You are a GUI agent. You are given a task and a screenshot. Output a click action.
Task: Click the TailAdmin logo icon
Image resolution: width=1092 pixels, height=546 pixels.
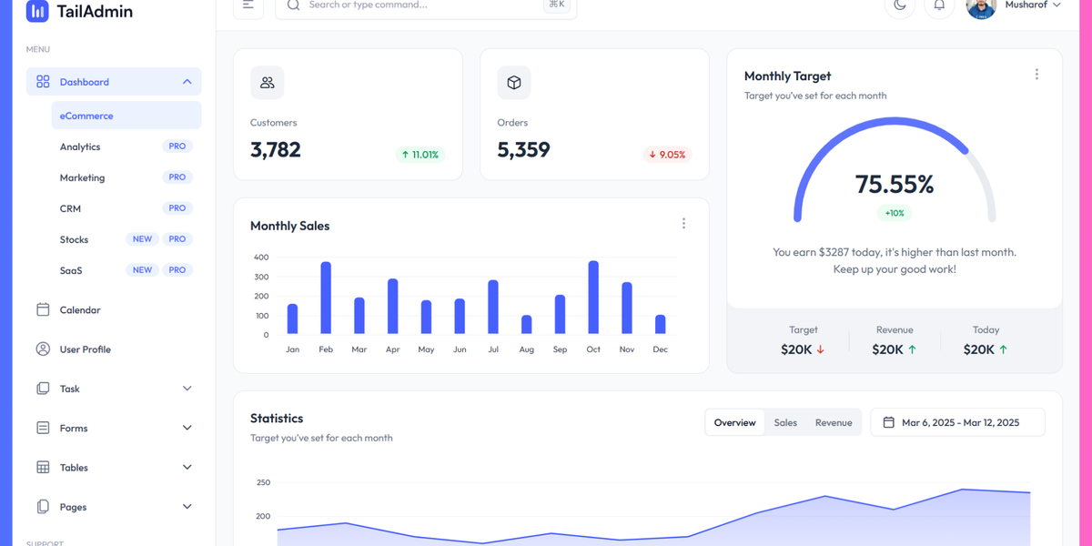(x=37, y=11)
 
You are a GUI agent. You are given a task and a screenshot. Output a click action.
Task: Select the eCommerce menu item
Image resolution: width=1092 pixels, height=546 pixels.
(x=86, y=116)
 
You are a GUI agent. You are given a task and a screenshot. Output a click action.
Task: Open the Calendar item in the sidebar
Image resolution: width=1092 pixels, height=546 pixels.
(x=80, y=310)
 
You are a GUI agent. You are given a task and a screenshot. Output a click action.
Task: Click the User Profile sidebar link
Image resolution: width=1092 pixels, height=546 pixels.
(x=85, y=349)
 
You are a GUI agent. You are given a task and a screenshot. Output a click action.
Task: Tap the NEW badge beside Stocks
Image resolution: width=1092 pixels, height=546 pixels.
(x=142, y=239)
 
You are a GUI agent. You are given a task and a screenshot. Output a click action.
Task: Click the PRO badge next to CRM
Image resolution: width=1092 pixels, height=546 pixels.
(x=177, y=208)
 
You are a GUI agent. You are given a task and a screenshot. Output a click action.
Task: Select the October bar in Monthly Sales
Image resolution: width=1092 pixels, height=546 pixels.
(x=593, y=298)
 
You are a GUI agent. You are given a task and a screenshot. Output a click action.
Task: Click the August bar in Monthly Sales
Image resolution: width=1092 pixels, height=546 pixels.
(x=527, y=325)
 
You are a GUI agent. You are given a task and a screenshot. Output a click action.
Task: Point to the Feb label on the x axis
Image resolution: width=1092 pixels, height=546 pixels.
(x=326, y=349)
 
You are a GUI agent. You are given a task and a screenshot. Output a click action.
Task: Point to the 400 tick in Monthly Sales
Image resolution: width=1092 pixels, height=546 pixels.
(x=261, y=258)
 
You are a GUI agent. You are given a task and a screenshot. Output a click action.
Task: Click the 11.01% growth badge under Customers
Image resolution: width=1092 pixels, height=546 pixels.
(x=420, y=155)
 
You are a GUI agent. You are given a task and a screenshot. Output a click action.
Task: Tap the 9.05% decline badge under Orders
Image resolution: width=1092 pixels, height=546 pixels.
(x=667, y=155)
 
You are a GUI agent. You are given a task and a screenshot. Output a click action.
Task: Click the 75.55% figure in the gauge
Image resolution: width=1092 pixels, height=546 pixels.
(x=895, y=185)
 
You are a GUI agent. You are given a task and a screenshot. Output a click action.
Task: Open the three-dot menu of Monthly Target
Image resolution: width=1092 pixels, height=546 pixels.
(x=1036, y=75)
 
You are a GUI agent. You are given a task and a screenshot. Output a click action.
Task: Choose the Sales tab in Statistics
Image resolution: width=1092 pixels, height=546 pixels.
(x=785, y=422)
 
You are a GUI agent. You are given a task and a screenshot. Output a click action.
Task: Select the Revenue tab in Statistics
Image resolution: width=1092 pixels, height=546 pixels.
(x=834, y=422)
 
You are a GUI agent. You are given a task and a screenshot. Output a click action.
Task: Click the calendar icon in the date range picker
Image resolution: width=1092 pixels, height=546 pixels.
(x=889, y=422)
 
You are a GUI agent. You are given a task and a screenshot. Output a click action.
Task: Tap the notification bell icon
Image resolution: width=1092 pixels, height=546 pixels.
(x=939, y=5)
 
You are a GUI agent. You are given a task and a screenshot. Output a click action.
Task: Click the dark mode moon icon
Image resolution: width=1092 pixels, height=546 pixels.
(x=900, y=5)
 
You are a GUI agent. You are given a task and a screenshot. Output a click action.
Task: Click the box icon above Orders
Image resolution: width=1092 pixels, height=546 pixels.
(x=514, y=83)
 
